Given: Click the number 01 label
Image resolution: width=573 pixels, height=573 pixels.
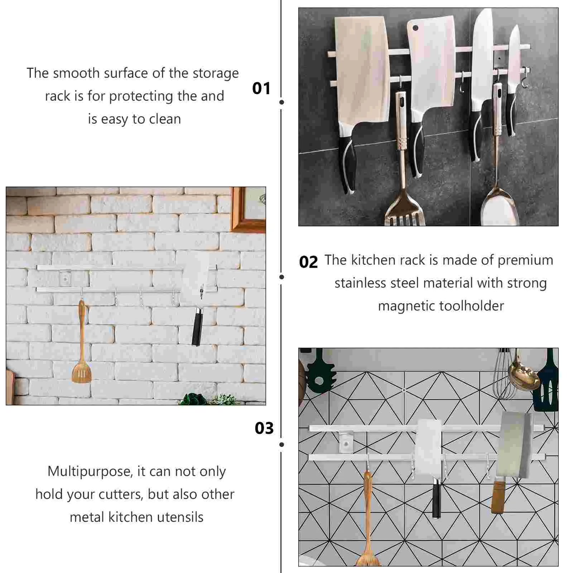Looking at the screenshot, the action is (x=261, y=88).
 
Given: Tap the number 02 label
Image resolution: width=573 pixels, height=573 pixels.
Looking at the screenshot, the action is (x=308, y=262).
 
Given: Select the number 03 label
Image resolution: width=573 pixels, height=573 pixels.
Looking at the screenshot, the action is (x=264, y=428).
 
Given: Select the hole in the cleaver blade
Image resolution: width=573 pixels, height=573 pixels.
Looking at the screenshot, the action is (x=415, y=28).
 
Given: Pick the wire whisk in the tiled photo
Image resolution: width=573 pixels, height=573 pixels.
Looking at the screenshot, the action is (x=504, y=376).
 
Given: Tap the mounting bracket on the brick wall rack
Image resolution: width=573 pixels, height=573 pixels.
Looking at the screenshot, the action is (x=65, y=278).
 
